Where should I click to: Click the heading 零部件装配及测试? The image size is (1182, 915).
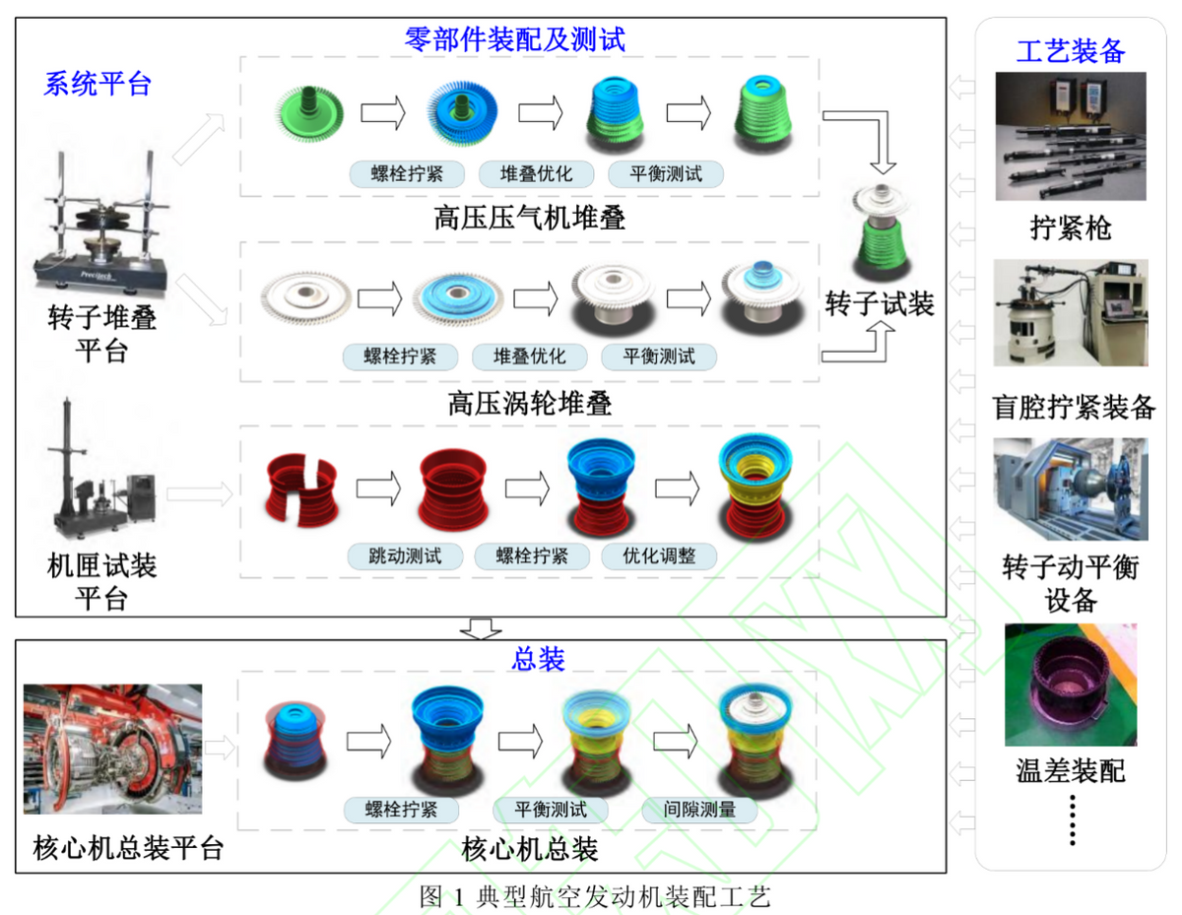coord(514,39)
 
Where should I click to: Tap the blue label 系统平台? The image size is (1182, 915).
coord(97,84)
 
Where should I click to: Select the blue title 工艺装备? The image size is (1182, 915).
coord(1070,50)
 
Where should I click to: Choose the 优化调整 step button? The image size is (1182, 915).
coord(659,556)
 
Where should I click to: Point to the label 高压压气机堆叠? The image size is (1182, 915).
coord(529,218)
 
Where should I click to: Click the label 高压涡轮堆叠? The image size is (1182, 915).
coord(529,403)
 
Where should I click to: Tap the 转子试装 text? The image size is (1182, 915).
coord(880,303)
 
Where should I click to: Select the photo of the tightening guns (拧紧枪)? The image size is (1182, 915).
coord(1070,135)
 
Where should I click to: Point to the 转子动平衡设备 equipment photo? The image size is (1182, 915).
coord(1070,490)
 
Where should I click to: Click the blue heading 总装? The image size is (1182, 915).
coord(538,659)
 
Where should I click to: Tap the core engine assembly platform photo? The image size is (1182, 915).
coord(112,749)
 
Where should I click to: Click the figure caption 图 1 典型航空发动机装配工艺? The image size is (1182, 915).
coord(594,896)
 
